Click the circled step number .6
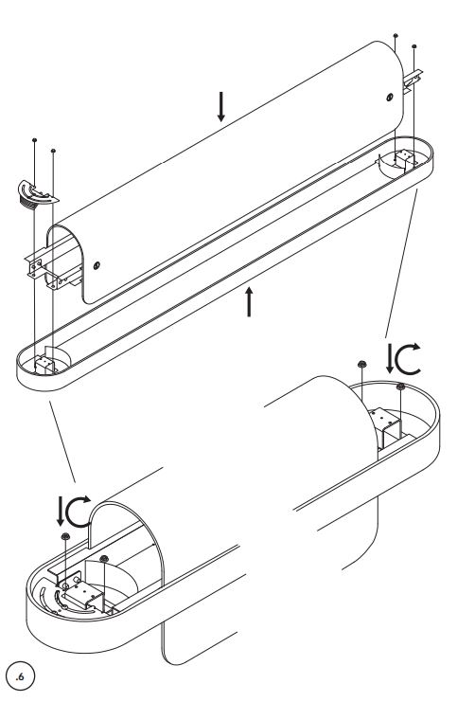[x=20, y=676]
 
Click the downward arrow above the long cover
[x=221, y=106]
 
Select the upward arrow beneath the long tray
[x=249, y=302]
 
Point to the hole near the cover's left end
[x=97, y=265]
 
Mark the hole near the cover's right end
[x=390, y=98]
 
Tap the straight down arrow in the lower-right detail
[x=390, y=358]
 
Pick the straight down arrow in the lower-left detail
[x=61, y=512]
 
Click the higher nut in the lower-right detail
[x=361, y=364]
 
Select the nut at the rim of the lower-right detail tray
[x=401, y=386]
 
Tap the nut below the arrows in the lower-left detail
[x=65, y=536]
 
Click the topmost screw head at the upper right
[x=396, y=35]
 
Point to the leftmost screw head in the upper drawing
[x=34, y=140]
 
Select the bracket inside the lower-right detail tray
[x=385, y=426]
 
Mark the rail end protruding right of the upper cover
[x=413, y=81]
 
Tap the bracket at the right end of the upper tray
[x=405, y=160]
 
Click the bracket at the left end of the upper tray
[x=44, y=364]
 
